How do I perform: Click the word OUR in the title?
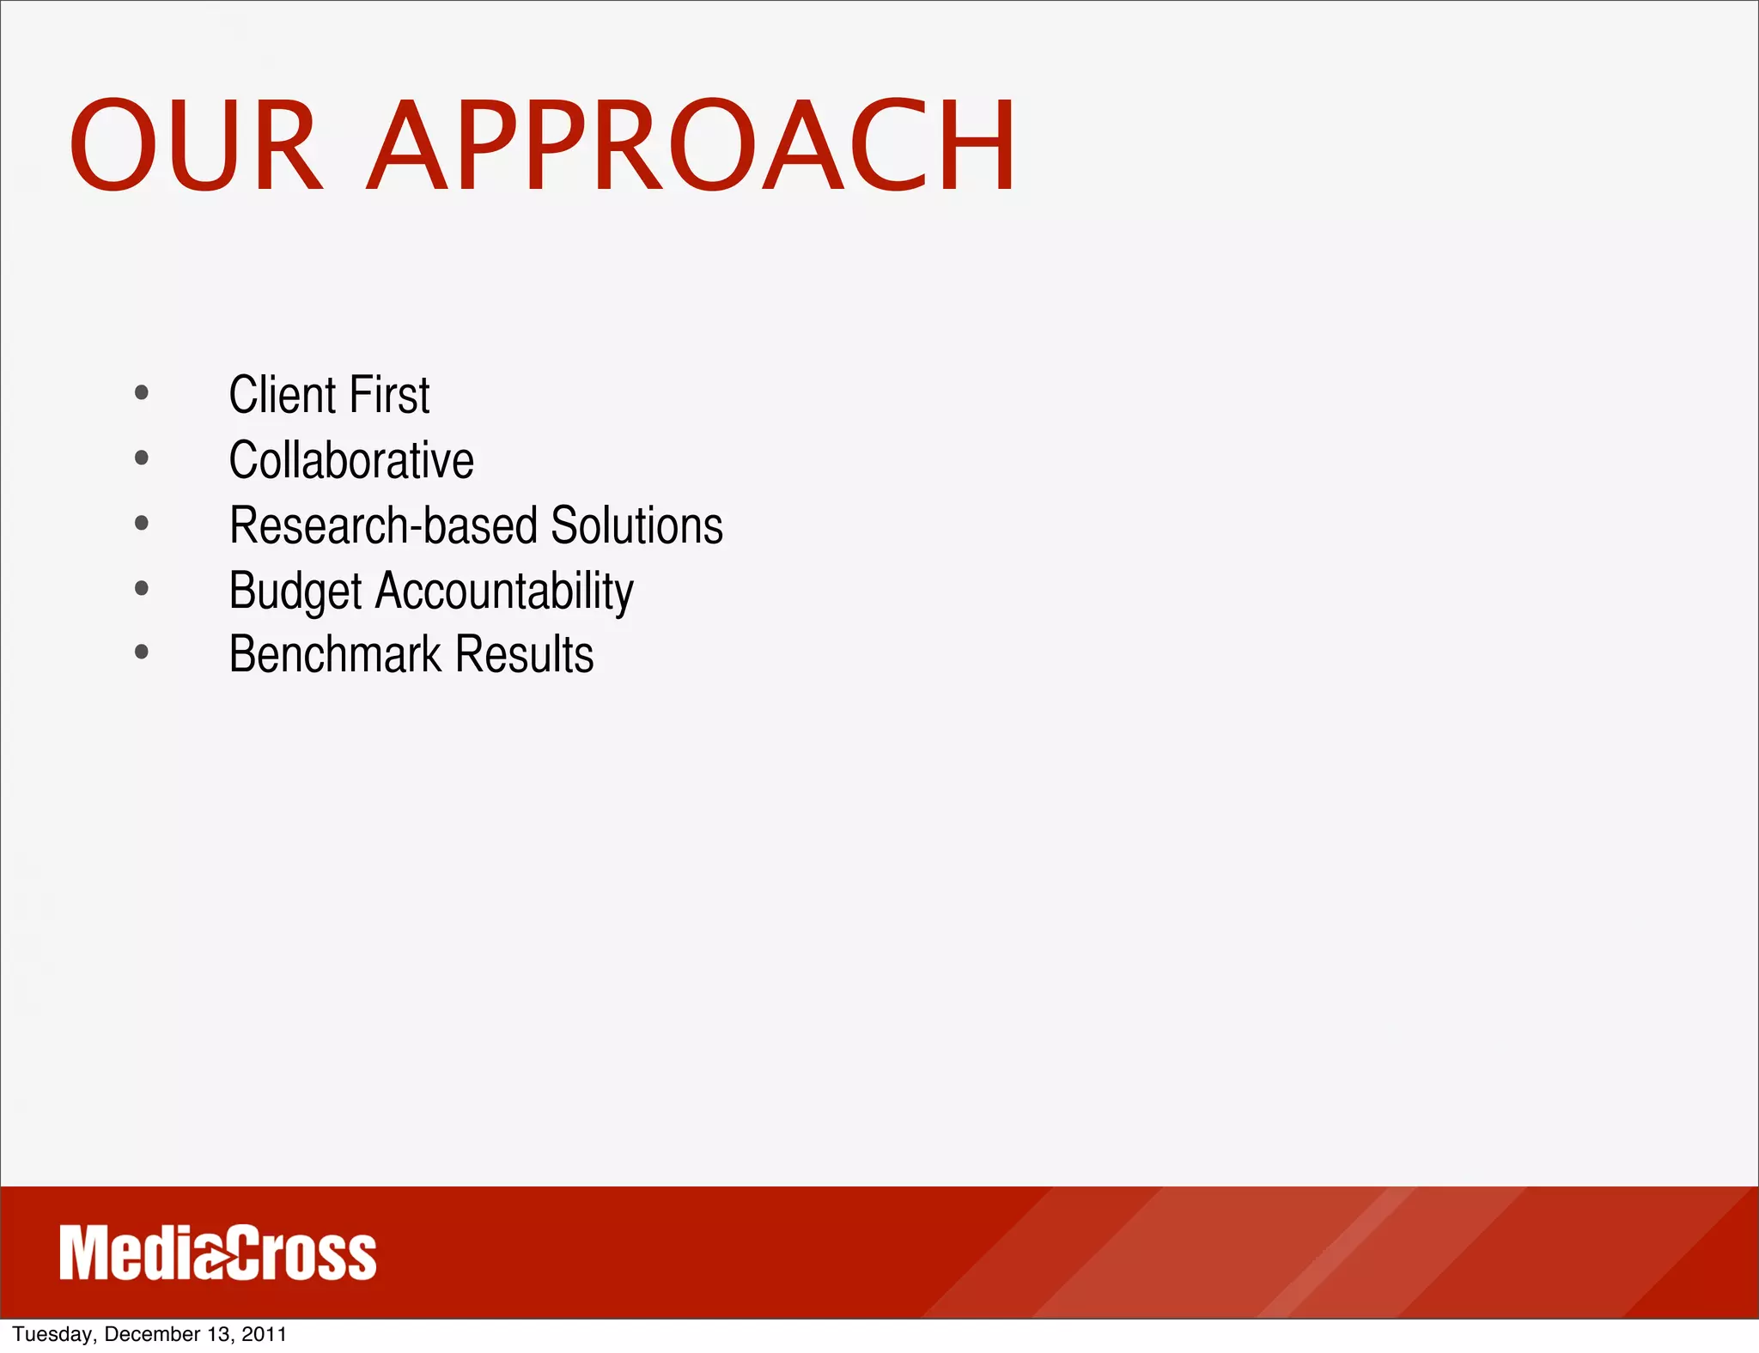pyautogui.click(x=196, y=146)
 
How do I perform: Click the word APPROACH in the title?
pyautogui.click(x=692, y=146)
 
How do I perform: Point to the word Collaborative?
pyautogui.click(x=350, y=460)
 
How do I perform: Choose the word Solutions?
pyautogui.click(x=636, y=525)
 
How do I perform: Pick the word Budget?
pyautogui.click(x=295, y=592)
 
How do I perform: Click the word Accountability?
pyautogui.click(x=504, y=592)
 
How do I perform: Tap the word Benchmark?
pyautogui.click(x=335, y=654)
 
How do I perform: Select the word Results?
pyautogui.click(x=524, y=654)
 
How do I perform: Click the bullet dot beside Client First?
pyautogui.click(x=142, y=393)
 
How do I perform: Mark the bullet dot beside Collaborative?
pyautogui.click(x=142, y=458)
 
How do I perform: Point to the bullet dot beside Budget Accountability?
pyautogui.click(x=142, y=588)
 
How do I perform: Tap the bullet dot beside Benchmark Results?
pyautogui.click(x=142, y=652)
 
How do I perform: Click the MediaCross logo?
pyautogui.click(x=217, y=1253)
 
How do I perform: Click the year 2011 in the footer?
pyautogui.click(x=264, y=1334)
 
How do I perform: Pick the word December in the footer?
pyautogui.click(x=151, y=1334)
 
